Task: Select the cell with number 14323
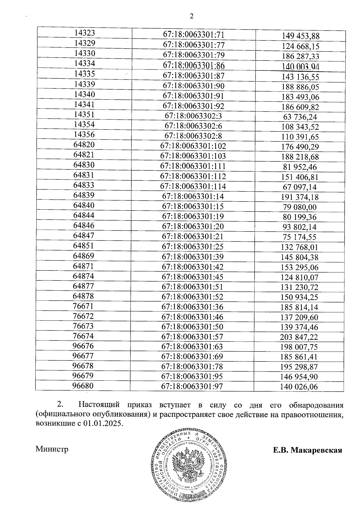tap(85, 33)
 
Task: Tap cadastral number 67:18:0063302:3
tap(193, 116)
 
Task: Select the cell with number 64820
tap(84, 145)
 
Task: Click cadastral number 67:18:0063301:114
tap(193, 187)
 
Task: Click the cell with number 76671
tap(83, 306)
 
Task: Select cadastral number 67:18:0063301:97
tap(192, 386)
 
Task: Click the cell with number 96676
tap(83, 346)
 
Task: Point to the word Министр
tap(52, 449)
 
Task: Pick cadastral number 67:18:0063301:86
tap(193, 66)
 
